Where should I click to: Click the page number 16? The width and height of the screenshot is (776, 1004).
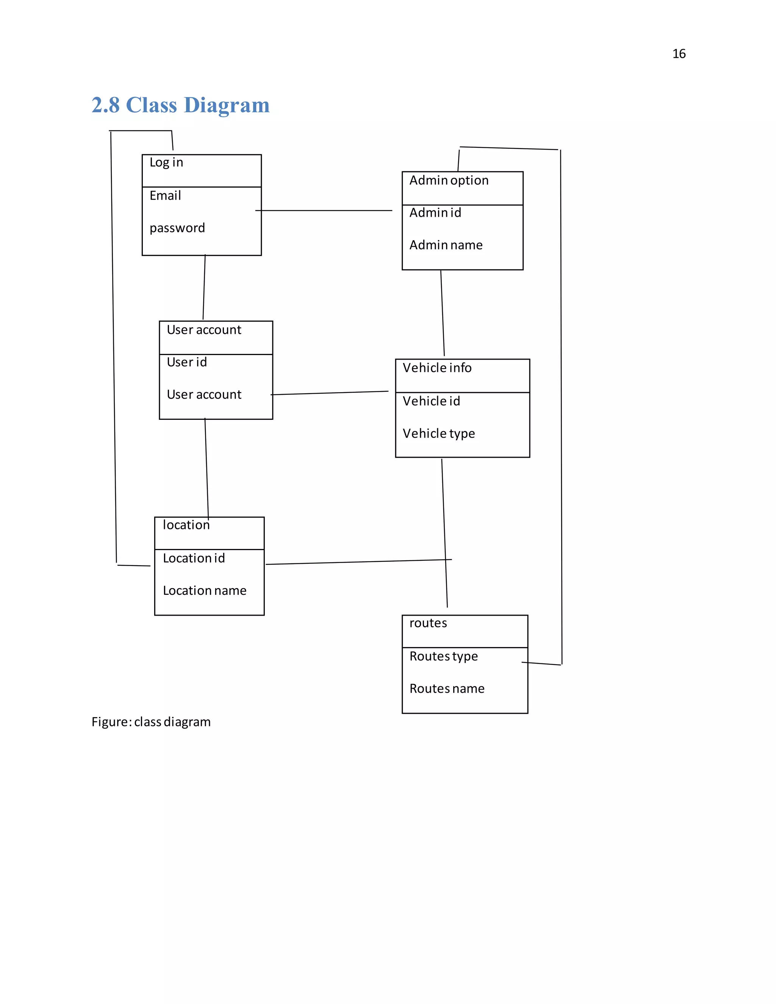pos(679,54)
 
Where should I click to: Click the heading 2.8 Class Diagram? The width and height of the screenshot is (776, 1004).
pos(180,105)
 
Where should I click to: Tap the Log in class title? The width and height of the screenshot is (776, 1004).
pos(166,163)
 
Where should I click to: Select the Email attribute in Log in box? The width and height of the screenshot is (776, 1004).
pos(165,196)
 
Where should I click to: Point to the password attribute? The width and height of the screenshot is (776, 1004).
pos(177,228)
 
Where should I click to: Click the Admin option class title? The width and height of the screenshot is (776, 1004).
pos(449,181)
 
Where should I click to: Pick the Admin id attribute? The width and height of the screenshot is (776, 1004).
pos(435,213)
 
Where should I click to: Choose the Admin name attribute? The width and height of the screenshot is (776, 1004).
pos(446,245)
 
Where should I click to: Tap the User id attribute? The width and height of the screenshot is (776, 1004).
pos(187,362)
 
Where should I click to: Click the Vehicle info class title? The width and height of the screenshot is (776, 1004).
pos(437,368)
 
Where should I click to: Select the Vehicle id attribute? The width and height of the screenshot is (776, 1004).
pos(431,401)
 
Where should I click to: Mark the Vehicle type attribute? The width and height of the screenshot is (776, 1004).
pos(438,433)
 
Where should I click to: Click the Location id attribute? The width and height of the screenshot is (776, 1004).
pos(194,558)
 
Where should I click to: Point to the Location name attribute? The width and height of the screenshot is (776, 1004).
pos(205,590)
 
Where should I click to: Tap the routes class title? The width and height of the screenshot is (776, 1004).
pos(428,623)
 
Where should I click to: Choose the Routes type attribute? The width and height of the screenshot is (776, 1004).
pos(444,657)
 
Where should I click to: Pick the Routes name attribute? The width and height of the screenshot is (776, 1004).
pos(447,689)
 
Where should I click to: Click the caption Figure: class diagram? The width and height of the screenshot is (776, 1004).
pos(151,722)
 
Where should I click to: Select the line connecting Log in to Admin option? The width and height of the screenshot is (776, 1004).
pos(324,211)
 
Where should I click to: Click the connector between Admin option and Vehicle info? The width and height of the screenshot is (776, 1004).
pos(443,313)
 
